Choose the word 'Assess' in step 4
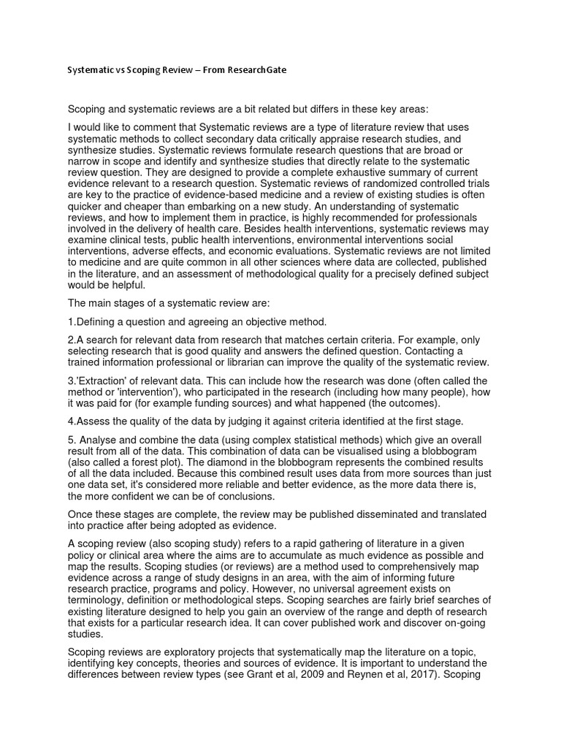tap(93, 421)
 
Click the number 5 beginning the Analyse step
tap(71, 440)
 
